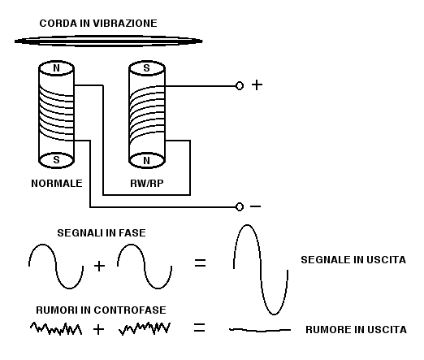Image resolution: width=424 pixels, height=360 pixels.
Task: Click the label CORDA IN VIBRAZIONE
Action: point(98,24)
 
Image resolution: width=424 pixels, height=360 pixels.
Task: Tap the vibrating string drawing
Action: point(109,41)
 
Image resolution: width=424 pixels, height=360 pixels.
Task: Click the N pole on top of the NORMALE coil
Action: point(56,68)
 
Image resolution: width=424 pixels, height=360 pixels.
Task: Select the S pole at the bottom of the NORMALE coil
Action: point(56,160)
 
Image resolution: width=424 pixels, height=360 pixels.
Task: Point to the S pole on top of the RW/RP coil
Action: point(147,68)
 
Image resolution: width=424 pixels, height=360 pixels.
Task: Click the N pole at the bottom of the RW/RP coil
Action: point(147,161)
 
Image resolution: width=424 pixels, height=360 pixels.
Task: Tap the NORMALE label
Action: point(57,184)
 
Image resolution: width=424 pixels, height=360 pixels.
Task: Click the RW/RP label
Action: point(147,184)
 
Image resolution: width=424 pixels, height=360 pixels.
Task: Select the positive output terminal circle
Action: point(240,86)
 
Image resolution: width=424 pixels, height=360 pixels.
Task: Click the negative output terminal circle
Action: point(240,207)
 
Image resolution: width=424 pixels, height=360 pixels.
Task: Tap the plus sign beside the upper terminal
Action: point(257,85)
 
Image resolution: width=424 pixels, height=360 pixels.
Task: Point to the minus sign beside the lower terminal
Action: point(255,206)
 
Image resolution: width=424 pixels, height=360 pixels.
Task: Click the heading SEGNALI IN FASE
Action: point(102,233)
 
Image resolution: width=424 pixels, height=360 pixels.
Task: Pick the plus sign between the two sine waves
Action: point(99,266)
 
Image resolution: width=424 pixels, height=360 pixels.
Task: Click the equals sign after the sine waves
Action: point(201,262)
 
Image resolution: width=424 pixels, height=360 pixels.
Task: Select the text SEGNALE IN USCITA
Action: point(353,260)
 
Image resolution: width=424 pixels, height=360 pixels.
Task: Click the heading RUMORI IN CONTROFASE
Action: point(101,310)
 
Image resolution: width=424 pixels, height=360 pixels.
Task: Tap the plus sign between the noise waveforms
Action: point(98,330)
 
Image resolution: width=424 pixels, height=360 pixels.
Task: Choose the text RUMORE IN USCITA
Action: point(357,330)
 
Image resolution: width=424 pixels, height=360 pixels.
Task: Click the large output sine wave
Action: point(261,270)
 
